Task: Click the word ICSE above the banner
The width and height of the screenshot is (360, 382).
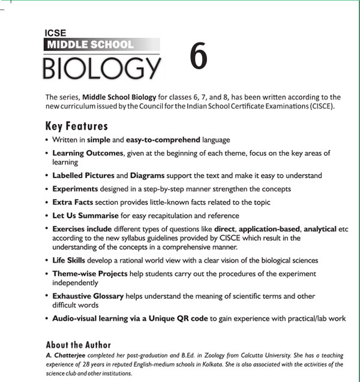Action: pos(55,34)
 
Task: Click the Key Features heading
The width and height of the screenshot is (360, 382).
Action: pos(76,126)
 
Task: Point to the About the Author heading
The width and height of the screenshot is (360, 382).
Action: pos(78,345)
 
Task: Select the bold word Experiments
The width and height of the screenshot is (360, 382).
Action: pos(75,189)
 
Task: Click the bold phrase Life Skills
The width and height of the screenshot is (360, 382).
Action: pos(68,260)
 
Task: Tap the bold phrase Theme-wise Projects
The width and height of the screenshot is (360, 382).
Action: pos(90,273)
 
